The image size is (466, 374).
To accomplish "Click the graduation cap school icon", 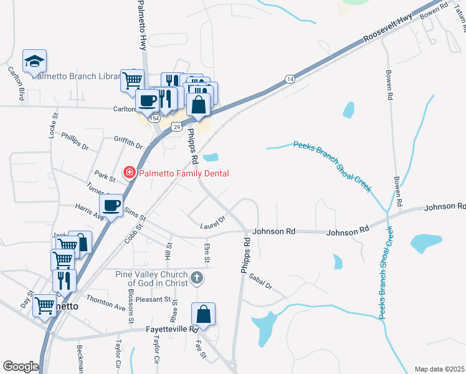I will pyautogui.click(x=34, y=60).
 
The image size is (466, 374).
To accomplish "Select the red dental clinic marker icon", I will pyautogui.click(x=130, y=173).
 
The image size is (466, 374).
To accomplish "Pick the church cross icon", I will pyautogui.click(x=197, y=277).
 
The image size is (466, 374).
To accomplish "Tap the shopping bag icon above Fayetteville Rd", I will pyautogui.click(x=203, y=314).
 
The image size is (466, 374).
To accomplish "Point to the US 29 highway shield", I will pyautogui.click(x=178, y=127).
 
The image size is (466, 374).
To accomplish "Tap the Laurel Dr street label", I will pyautogui.click(x=212, y=223).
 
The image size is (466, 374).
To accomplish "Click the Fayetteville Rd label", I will pyautogui.click(x=173, y=329).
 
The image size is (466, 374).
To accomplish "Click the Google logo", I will pyautogui.click(x=20, y=366).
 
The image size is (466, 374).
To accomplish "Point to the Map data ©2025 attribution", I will pyautogui.click(x=439, y=369).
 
